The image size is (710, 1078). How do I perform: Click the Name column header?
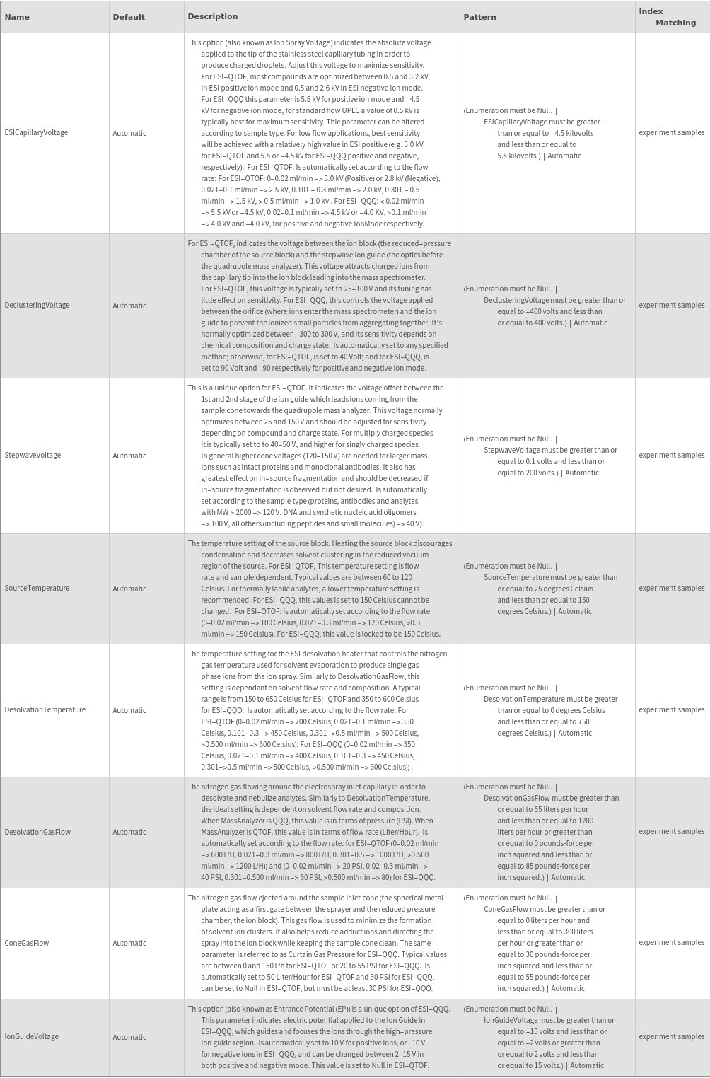tap(17, 17)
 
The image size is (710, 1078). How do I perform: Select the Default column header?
tap(129, 17)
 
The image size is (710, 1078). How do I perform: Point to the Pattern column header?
tap(479, 17)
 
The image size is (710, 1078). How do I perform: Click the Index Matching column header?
tap(667, 17)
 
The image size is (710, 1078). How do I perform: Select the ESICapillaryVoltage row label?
tap(36, 132)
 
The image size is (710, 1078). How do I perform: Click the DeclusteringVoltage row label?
tap(37, 305)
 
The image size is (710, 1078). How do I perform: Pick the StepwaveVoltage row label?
tap(33, 455)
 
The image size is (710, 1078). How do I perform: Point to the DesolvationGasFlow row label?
tap(37, 832)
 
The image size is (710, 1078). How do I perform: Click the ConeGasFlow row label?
tap(27, 943)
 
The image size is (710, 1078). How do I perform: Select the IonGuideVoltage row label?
tap(31, 1036)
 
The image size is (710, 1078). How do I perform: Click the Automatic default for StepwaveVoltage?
tap(129, 456)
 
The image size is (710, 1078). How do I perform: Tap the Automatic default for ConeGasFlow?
tap(129, 943)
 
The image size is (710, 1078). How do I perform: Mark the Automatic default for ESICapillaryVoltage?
tap(129, 133)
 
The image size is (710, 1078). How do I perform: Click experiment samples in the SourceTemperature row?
tap(671, 588)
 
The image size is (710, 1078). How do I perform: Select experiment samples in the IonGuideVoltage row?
tap(671, 1036)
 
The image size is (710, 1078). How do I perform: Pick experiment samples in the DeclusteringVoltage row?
tap(671, 305)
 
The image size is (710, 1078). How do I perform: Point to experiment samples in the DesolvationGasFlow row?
tap(671, 831)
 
